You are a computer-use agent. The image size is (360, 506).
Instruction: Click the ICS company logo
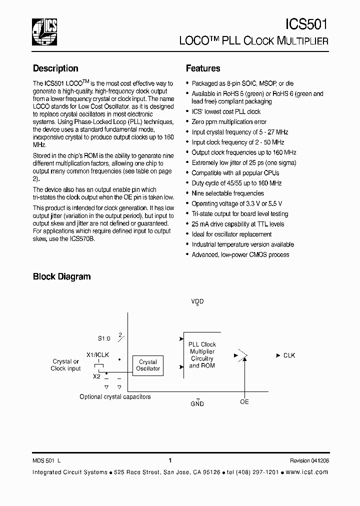point(44,31)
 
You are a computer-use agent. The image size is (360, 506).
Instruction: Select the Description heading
point(55,68)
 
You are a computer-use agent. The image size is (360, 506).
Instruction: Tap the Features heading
point(203,68)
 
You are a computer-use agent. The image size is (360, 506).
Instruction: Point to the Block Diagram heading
point(61,276)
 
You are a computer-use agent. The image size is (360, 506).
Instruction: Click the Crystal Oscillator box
point(148,365)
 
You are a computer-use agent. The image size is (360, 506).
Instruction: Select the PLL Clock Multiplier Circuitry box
point(202,355)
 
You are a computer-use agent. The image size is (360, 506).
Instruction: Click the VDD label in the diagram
point(197,301)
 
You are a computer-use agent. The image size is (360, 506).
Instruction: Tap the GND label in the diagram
point(197,403)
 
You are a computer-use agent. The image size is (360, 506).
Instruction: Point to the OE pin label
point(244,402)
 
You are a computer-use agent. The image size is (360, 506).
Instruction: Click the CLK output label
point(289,355)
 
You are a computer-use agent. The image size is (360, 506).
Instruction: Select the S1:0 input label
point(104,338)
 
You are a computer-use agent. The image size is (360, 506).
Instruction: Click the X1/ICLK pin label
point(98,354)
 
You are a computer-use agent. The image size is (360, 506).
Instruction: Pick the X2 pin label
point(97,376)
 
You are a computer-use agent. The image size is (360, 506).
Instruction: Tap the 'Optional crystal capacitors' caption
point(115,397)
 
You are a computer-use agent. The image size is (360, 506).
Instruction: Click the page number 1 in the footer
point(170,460)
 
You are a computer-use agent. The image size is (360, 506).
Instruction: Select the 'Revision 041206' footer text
point(309,461)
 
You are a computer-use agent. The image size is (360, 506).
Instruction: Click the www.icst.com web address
point(308,472)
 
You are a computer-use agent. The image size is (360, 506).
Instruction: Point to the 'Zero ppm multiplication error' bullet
point(229,122)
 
